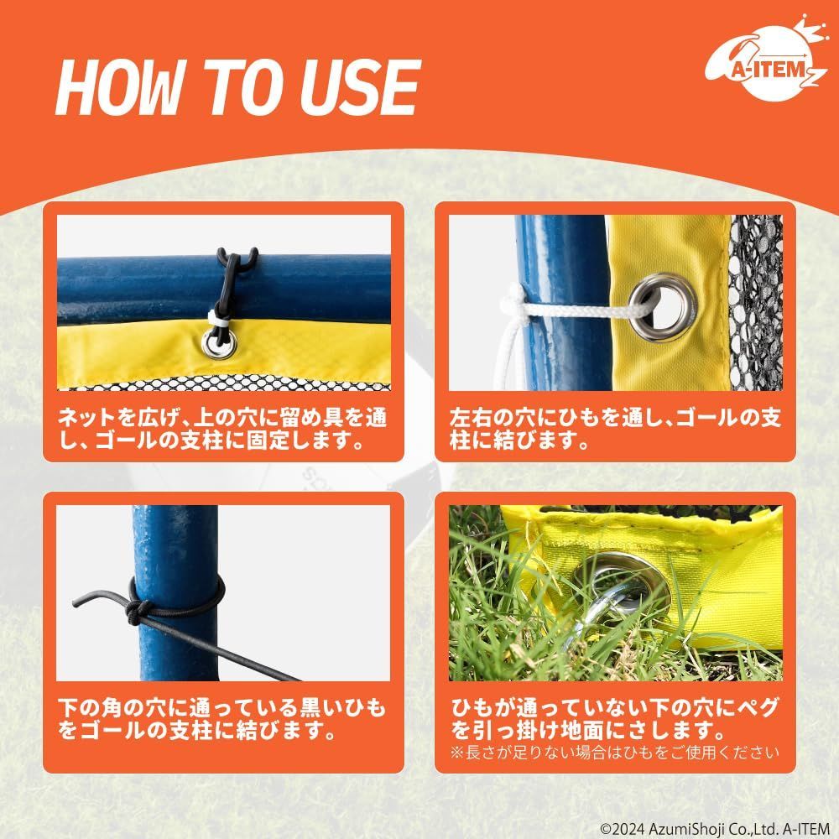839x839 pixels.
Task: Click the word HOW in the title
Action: click(119, 87)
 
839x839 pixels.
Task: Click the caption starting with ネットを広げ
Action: click(222, 428)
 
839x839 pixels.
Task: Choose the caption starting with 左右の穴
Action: click(615, 428)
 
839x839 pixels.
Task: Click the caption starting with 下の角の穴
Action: click(221, 718)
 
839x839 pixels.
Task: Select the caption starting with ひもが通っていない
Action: click(615, 718)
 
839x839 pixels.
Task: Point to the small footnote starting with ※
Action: click(615, 753)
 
